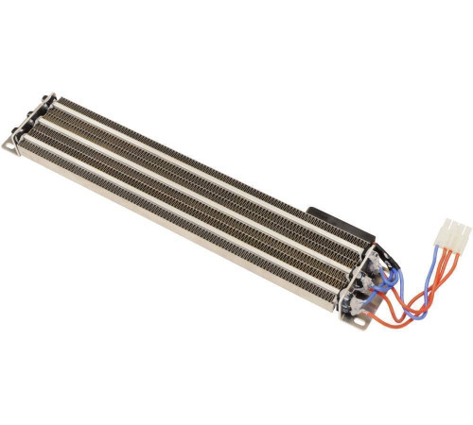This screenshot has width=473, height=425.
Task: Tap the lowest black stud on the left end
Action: (x=26, y=127)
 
